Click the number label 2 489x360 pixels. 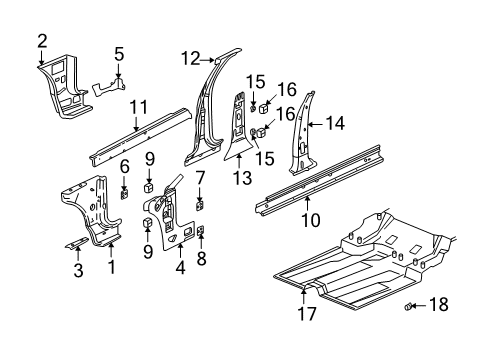(x=42, y=40)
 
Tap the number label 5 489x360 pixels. (x=118, y=55)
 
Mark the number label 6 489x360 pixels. (x=124, y=165)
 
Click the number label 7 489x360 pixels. (x=200, y=178)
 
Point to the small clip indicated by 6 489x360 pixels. (x=124, y=193)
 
